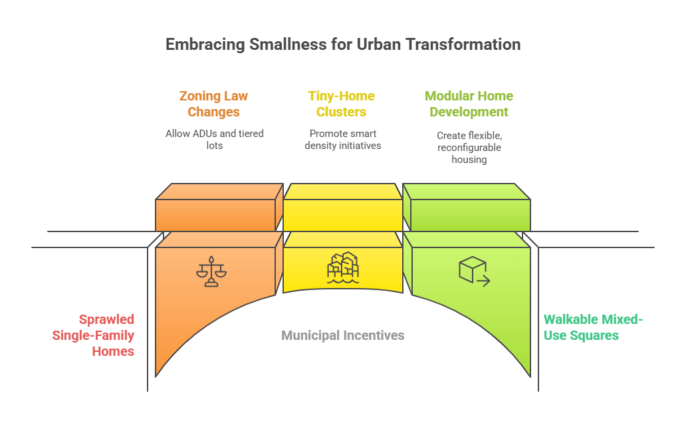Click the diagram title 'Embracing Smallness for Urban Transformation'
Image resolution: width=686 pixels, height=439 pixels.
[x=342, y=45]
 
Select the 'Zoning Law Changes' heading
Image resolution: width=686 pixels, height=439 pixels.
[x=213, y=104]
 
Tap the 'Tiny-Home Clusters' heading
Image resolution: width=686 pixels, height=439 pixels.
[x=341, y=104]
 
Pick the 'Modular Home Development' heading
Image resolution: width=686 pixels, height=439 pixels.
[x=469, y=104]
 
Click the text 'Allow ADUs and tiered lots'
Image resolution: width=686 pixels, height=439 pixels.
[x=214, y=139]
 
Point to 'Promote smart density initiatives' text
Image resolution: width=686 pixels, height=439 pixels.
[x=342, y=139]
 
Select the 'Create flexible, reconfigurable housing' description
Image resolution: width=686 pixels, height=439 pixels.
[x=469, y=147]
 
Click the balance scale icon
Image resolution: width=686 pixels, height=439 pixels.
[x=211, y=271]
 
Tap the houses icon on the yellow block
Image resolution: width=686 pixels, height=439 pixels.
[x=343, y=268]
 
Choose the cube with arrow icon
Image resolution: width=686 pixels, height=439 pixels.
[x=474, y=271]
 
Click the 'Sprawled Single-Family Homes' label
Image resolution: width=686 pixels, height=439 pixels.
[x=94, y=335]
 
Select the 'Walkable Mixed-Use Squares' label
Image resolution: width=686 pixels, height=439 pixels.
[x=593, y=327]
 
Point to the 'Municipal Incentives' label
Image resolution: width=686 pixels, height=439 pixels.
[x=342, y=335]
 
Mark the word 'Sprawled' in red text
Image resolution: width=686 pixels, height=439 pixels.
[x=106, y=319]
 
